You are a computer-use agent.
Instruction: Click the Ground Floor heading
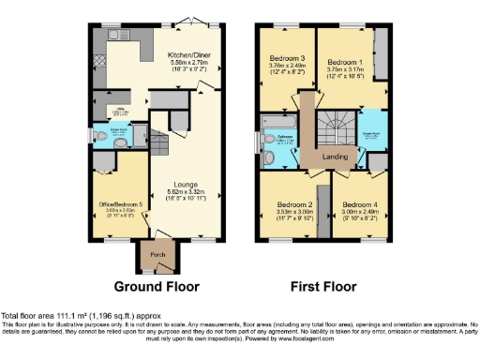tap(150, 286)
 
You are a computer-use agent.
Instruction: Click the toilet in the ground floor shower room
tap(101, 138)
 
